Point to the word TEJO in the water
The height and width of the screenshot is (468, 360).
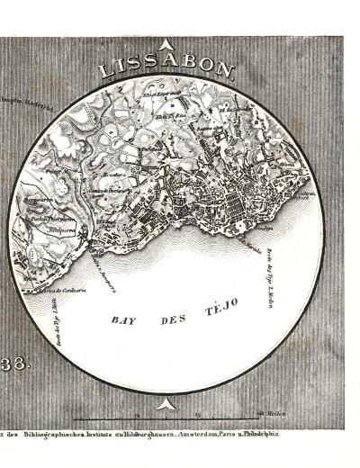pyautogui.click(x=220, y=307)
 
